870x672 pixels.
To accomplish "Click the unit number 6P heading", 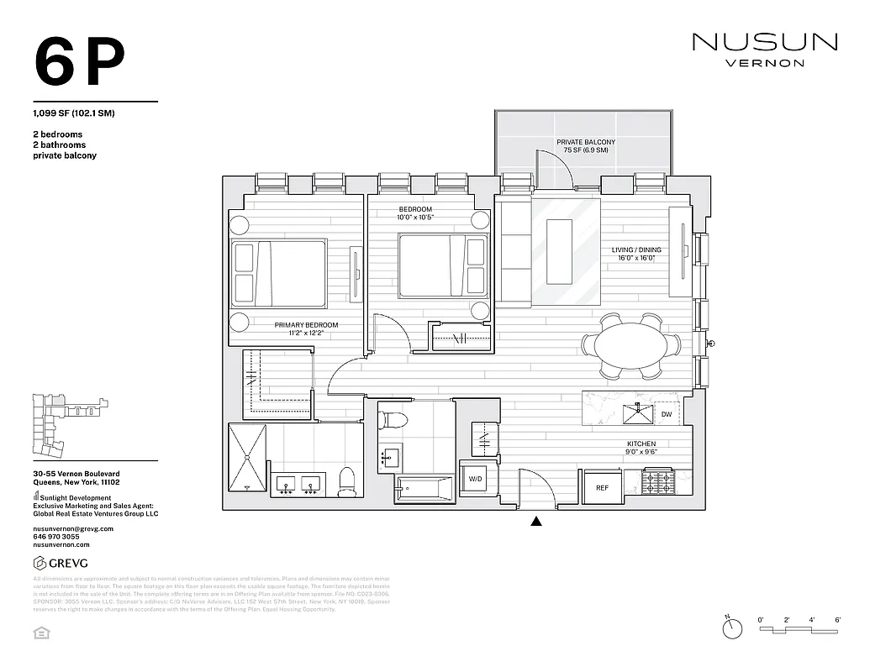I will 79,63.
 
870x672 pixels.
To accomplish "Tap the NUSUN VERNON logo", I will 764,49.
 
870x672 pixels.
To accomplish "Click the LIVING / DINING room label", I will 636,255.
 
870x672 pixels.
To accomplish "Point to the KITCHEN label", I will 641,444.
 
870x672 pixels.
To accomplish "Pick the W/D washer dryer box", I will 475,480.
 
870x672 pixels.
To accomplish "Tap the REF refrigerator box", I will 602,487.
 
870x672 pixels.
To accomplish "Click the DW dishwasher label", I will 666,415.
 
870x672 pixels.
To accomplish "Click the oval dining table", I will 631,345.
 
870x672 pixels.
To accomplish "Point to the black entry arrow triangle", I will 536,522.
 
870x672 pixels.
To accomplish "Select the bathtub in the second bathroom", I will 425,487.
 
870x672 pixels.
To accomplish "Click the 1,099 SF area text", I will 73,113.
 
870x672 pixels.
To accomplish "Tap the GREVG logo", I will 60,563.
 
